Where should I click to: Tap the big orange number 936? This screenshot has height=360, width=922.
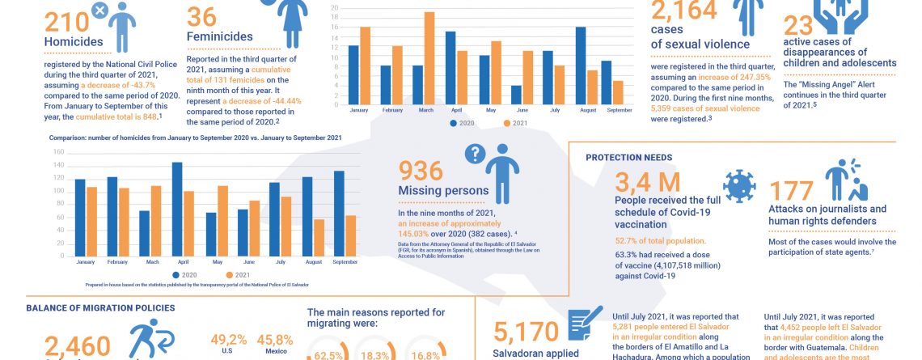[421, 170]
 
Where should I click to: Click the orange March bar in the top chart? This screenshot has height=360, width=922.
[429, 57]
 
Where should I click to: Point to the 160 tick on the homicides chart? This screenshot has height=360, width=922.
[58, 152]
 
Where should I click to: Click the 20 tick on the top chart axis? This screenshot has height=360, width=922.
[335, 8]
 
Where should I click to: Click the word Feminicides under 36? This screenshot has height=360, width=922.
[219, 36]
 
